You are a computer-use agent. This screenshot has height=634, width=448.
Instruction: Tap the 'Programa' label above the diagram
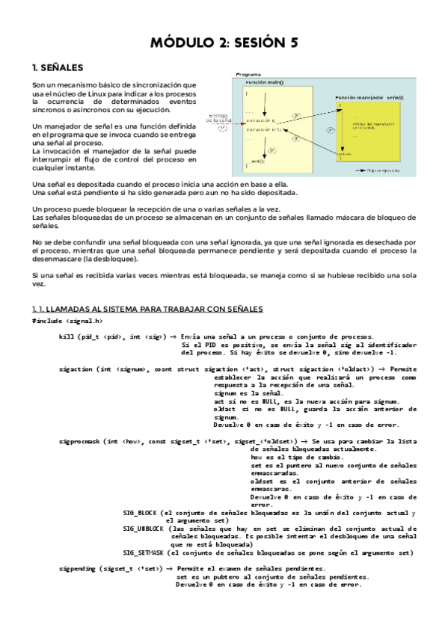click(248, 76)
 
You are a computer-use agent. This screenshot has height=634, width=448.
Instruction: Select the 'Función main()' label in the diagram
click(268, 83)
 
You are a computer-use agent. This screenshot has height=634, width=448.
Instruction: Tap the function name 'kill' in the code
click(66, 337)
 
